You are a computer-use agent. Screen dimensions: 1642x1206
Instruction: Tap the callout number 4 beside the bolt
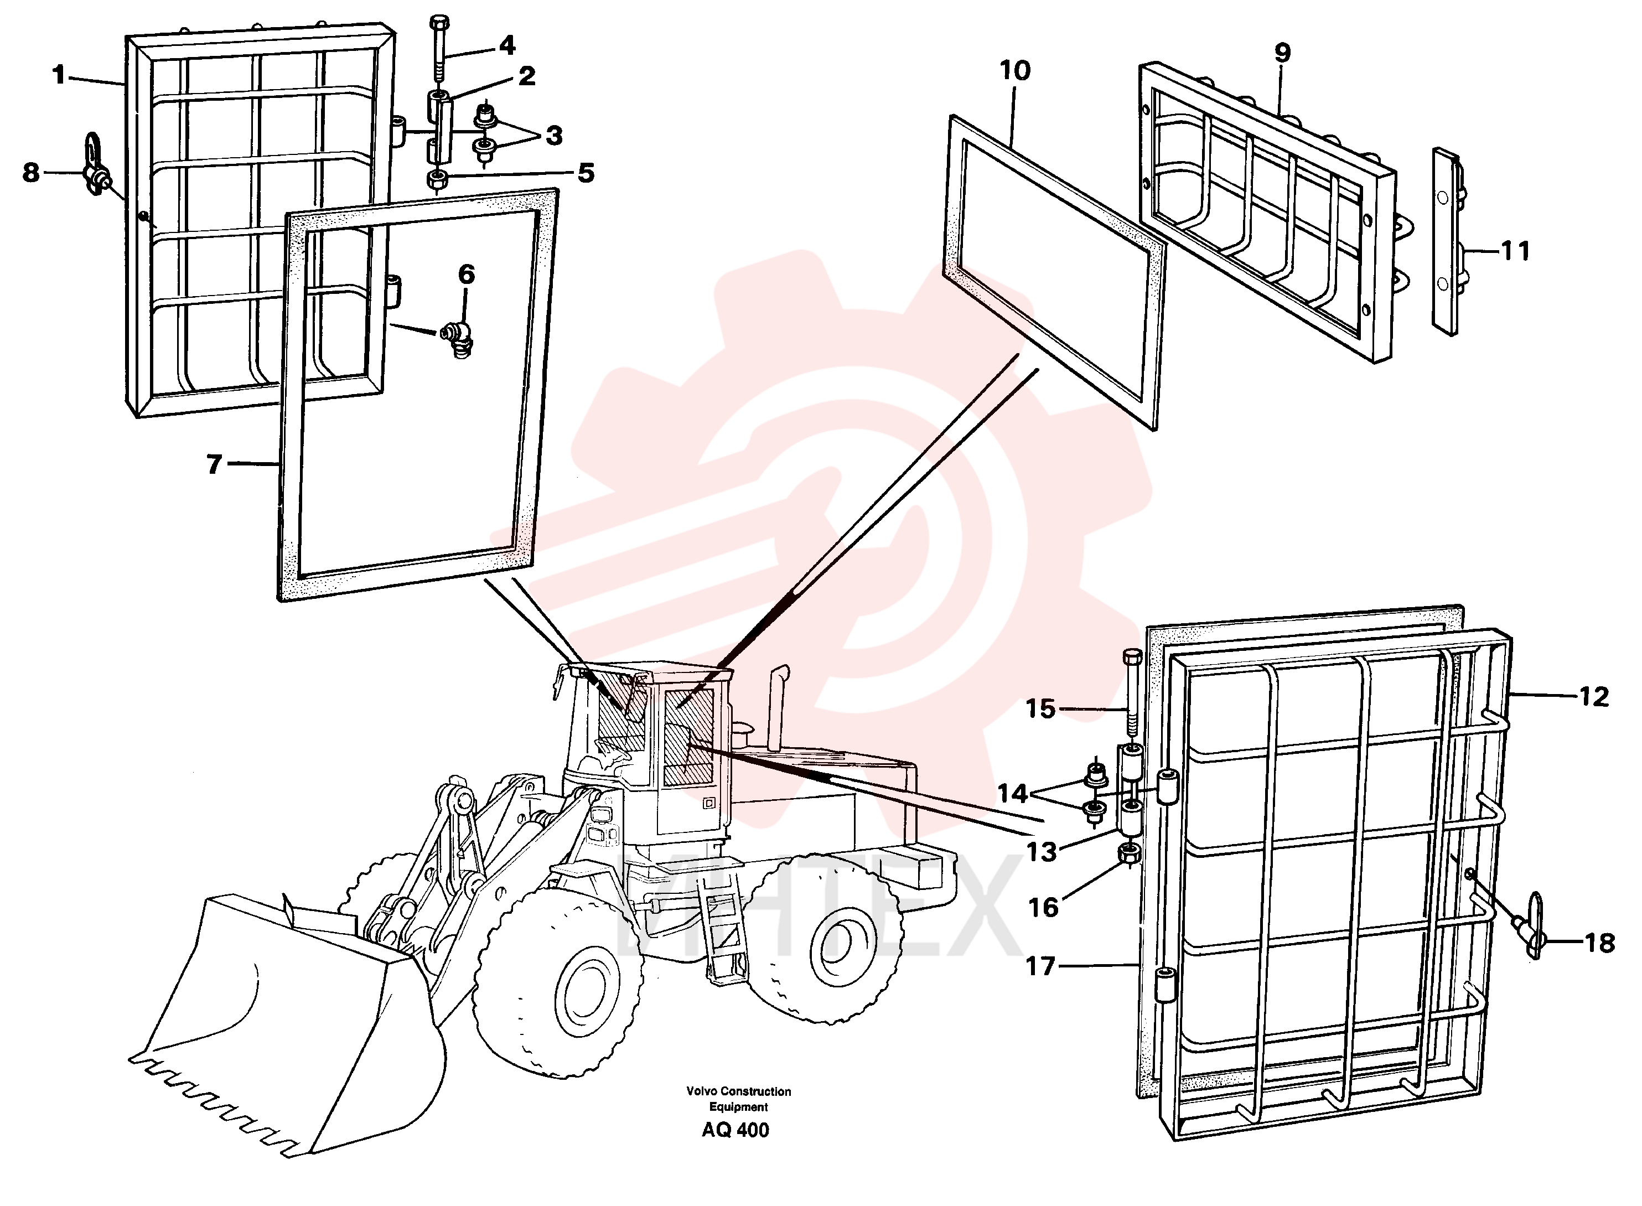[x=506, y=45]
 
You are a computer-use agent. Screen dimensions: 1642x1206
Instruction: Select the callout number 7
[x=214, y=464]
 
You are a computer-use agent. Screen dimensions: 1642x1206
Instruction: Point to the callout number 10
[x=1014, y=71]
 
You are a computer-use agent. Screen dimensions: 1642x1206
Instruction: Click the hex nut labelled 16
[x=1129, y=853]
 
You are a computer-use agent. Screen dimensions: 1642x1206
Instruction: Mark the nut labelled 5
[x=439, y=179]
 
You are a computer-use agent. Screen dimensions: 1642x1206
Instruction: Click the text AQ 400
[x=735, y=1131]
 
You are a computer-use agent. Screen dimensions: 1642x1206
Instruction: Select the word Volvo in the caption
[x=701, y=1092]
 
